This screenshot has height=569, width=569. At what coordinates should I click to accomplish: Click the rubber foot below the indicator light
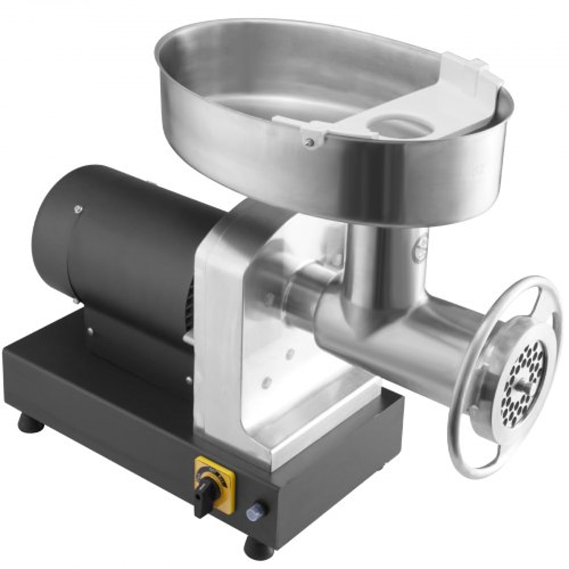tap(259, 547)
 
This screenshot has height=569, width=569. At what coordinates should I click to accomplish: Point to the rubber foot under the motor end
tap(27, 422)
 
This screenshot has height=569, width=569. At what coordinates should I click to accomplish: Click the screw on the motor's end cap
tap(76, 209)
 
